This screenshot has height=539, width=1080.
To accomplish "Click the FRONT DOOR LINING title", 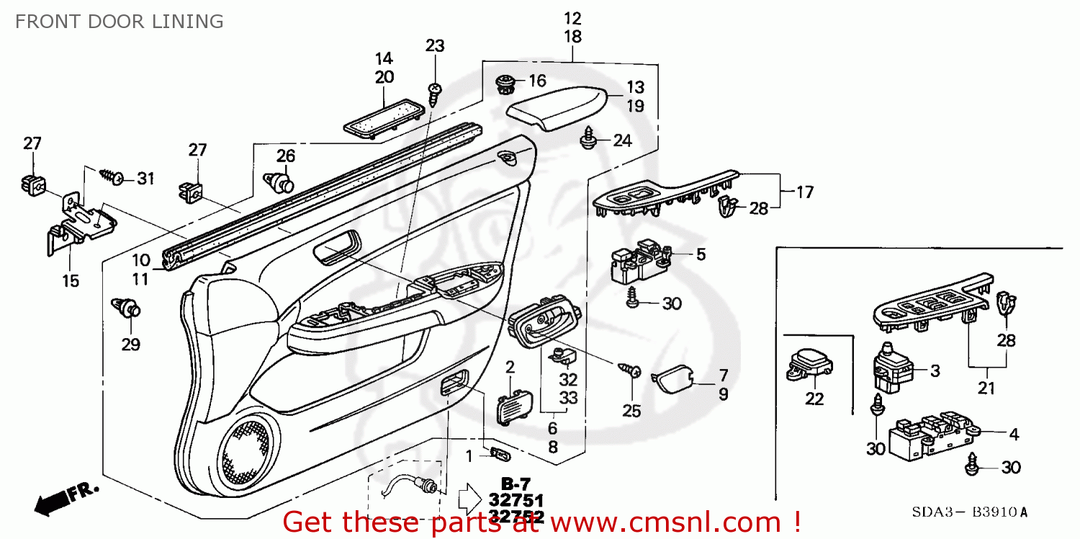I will tap(119, 22).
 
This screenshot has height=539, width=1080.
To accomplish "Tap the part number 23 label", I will tap(435, 46).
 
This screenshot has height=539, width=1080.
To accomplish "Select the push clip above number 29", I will tap(128, 308).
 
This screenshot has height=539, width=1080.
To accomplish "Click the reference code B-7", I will tap(511, 483).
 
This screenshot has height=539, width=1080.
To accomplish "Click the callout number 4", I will tap(1013, 434).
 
